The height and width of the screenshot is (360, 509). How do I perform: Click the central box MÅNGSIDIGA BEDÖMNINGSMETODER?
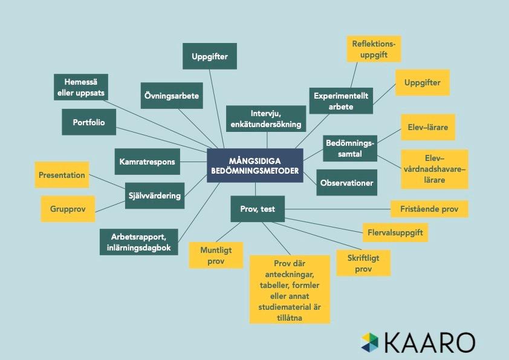pos(254,166)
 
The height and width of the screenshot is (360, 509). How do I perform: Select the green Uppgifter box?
pos(209,56)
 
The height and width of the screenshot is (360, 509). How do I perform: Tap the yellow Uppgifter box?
pos(423,82)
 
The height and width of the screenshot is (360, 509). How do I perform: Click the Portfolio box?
pos(89,122)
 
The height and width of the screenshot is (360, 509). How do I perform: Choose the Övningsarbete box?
pos(172,96)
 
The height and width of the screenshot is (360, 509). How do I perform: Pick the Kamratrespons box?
pos(147,162)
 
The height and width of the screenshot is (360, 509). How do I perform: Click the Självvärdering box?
pos(154,195)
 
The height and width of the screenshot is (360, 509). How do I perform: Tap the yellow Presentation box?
pos(62,175)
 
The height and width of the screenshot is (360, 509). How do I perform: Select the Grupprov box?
pos(68,209)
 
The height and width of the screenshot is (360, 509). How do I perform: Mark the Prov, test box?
pos(258,209)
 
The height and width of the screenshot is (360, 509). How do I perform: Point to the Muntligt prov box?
pos(216,255)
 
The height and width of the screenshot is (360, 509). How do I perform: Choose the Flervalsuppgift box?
pos(395,232)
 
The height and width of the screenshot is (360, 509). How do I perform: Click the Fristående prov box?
pos(429,209)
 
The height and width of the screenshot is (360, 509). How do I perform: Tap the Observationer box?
pos(347,182)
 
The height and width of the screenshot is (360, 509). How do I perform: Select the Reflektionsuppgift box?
pos(374,48)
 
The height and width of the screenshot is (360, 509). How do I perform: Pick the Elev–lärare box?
pos(428,128)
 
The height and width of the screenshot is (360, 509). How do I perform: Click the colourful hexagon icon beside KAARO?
pos(370,341)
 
